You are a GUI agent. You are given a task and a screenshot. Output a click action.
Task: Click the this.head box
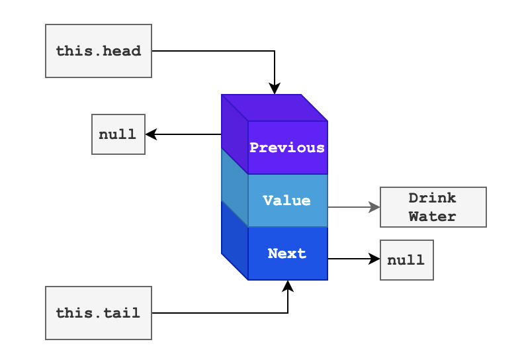(x=99, y=51)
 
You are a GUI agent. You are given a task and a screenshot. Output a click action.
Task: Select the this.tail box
(x=99, y=313)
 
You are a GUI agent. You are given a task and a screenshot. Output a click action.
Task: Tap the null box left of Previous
(x=118, y=134)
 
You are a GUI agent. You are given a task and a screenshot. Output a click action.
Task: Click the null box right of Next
(x=406, y=260)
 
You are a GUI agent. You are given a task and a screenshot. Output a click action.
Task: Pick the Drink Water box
(x=433, y=207)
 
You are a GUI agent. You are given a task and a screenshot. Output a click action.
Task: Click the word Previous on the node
(x=287, y=148)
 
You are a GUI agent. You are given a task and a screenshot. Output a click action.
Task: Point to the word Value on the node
(x=286, y=201)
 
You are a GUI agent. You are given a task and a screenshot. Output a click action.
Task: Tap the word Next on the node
(x=287, y=253)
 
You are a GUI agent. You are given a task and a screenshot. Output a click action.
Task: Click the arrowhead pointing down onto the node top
(x=275, y=89)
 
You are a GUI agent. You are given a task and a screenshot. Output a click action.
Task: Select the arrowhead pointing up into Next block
(x=288, y=285)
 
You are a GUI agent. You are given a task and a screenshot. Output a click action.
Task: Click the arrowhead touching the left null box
(x=150, y=134)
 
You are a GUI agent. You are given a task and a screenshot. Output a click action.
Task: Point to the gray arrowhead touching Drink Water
(x=375, y=207)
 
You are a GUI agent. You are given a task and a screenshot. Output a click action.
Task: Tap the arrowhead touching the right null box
(x=375, y=259)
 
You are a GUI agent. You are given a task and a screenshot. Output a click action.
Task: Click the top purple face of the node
(x=275, y=107)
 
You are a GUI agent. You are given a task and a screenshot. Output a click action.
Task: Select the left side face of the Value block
(x=234, y=188)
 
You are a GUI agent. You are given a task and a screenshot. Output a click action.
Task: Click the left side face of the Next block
(x=234, y=241)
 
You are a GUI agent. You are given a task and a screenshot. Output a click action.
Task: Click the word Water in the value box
(x=433, y=216)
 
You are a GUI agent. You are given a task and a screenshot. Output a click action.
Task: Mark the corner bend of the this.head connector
(x=275, y=51)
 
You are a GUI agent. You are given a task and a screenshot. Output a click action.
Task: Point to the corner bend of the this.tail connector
(x=288, y=313)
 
